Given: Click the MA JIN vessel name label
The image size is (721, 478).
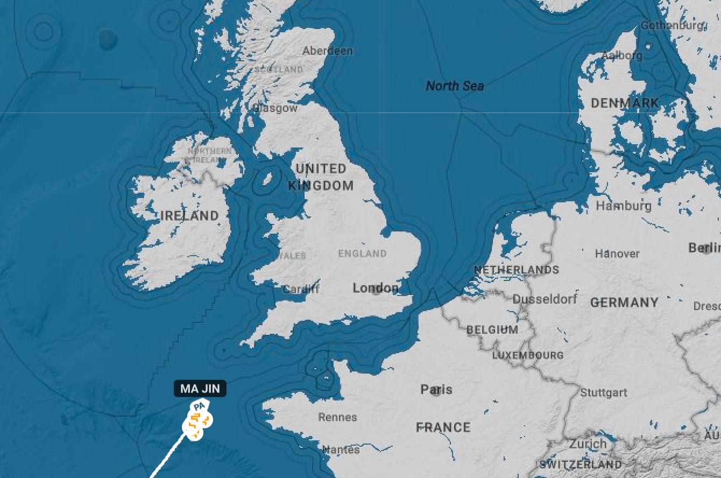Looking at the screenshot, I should (200, 389).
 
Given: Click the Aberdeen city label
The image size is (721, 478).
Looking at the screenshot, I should (327, 51).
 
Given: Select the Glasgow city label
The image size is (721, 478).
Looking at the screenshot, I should (275, 108).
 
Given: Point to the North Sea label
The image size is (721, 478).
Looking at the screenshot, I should (455, 86).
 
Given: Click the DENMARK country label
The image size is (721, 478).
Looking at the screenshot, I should (625, 103).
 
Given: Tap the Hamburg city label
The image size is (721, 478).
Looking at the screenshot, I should (623, 206).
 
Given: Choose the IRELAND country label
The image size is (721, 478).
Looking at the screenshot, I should (189, 216).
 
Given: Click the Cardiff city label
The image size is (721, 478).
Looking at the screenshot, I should (301, 289).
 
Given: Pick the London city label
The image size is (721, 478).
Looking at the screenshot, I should (375, 289).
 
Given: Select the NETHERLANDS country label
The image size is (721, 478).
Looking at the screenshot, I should (516, 270).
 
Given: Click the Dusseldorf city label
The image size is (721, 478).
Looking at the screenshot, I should (545, 299).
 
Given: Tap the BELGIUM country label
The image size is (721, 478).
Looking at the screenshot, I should (492, 329).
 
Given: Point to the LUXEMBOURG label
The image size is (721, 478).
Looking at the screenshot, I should (528, 355).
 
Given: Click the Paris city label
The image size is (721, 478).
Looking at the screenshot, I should (436, 389).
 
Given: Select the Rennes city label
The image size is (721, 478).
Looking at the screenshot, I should (337, 417).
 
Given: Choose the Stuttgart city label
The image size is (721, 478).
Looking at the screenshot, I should (604, 393).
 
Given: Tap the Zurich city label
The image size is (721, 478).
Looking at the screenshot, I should (588, 445).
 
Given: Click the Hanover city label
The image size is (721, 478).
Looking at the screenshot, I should (617, 254).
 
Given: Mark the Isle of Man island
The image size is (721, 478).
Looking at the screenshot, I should (265, 178).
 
